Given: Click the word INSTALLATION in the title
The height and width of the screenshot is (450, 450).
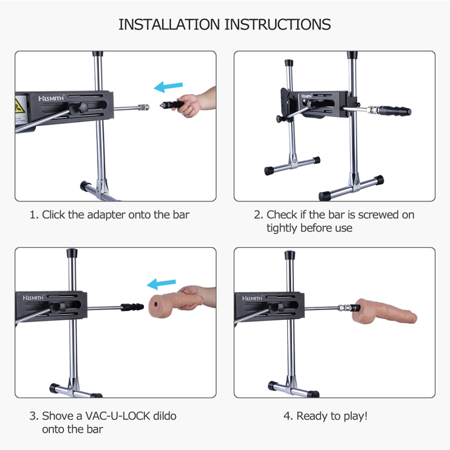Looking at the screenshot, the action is point(169,24).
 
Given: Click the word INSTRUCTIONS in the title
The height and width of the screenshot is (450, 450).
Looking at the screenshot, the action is point(277,24).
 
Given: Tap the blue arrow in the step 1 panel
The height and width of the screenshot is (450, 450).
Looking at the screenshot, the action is point(168,86).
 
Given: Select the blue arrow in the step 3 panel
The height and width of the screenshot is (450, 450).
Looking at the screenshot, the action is point(161,284).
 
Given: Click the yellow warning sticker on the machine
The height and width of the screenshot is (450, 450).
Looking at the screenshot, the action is point(20,105).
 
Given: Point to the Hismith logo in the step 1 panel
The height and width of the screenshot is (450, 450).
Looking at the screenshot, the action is point(51,98).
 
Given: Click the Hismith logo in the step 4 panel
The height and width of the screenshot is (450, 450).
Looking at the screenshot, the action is point(252,298).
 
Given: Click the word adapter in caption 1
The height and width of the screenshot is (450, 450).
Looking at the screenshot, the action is point(106,215).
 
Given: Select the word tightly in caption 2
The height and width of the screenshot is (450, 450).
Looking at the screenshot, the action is point(282,228).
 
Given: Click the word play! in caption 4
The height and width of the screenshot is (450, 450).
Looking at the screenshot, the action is point(355,416).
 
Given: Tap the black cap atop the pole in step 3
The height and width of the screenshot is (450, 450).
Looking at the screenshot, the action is point(72,253).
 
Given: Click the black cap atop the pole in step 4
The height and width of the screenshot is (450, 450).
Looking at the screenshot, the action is point(289,255).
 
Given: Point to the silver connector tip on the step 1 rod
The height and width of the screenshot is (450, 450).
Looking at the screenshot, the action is point(143,107).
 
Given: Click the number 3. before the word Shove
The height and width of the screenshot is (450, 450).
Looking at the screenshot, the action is point(34,416).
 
